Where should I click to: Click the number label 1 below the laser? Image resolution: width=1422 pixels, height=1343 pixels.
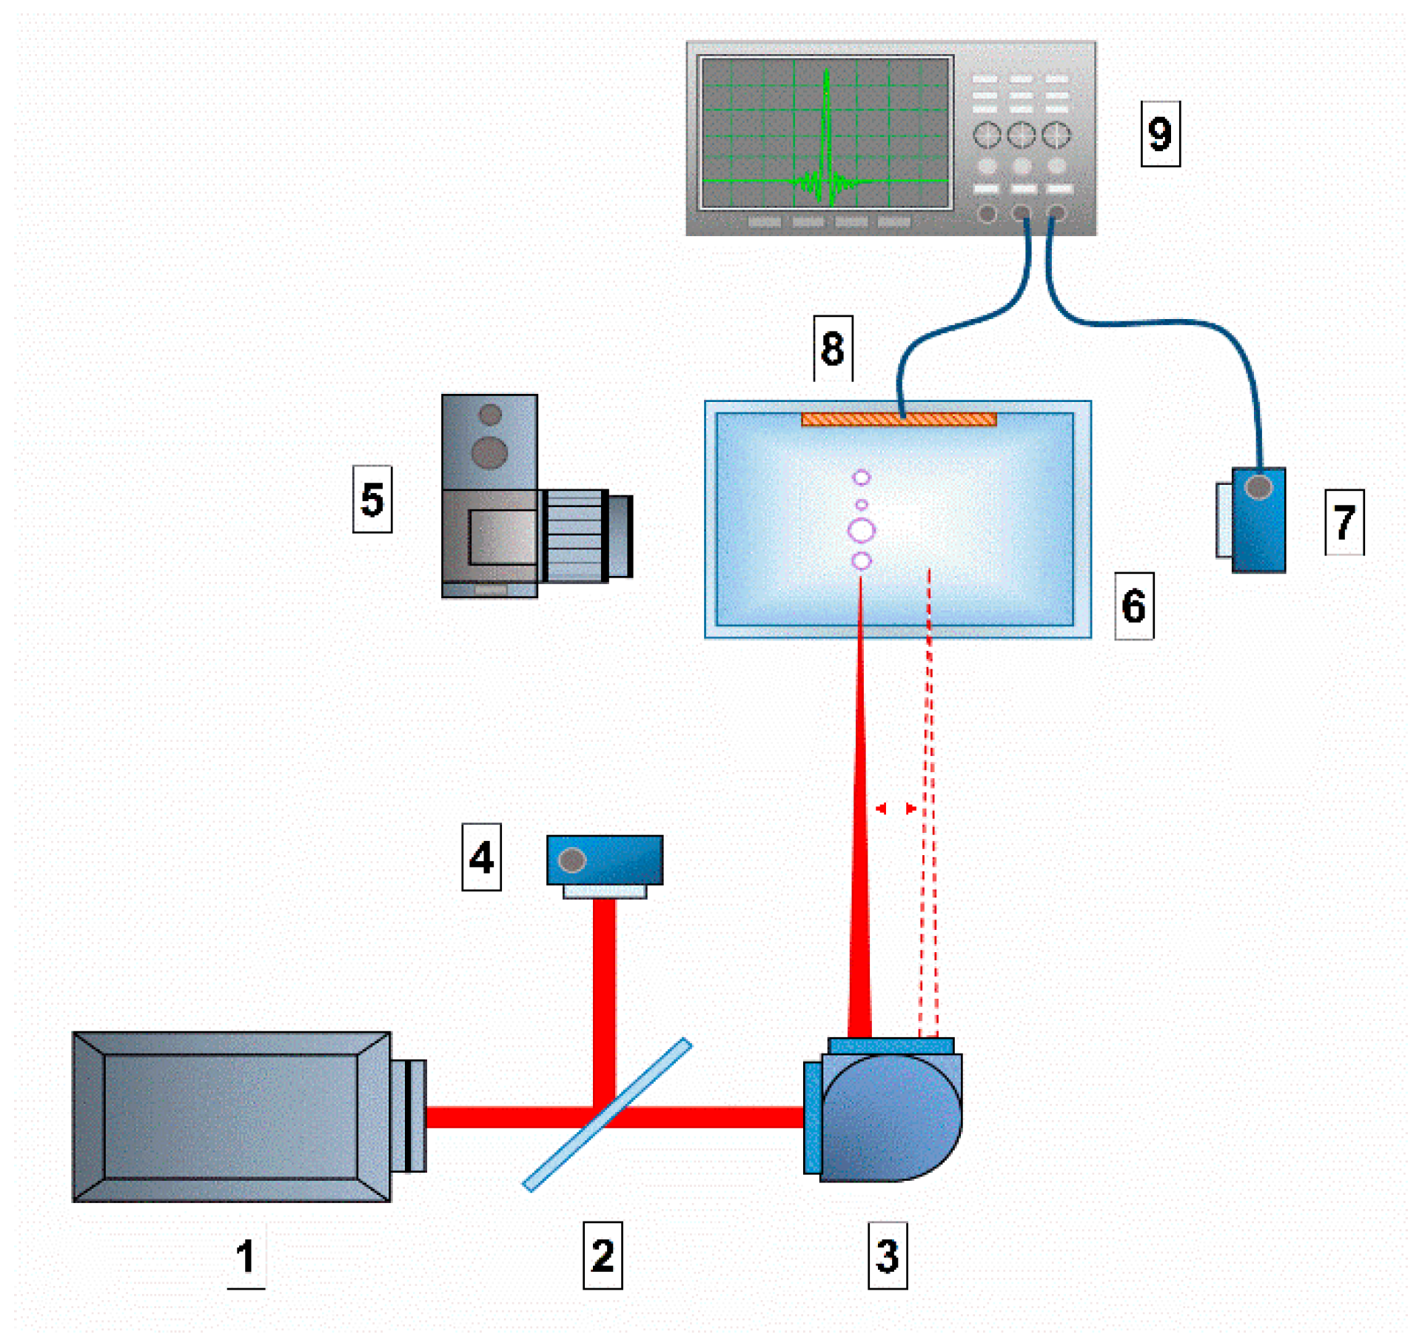pyautogui.click(x=246, y=1256)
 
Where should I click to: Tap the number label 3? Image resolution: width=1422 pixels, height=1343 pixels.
pyautogui.click(x=888, y=1256)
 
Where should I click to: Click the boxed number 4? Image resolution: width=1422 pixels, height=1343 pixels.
pyautogui.click(x=481, y=858)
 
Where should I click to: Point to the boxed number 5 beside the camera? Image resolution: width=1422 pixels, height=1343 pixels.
pyautogui.click(x=372, y=500)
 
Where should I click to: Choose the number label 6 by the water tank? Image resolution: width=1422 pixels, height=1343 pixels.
pyautogui.click(x=1134, y=606)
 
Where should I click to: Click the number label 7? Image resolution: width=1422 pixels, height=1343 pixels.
pyautogui.click(x=1344, y=523)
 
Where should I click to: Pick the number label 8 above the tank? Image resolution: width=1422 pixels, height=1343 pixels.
pyautogui.click(x=833, y=349)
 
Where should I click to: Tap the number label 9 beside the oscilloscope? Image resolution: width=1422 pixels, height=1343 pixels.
pyautogui.click(x=1160, y=134)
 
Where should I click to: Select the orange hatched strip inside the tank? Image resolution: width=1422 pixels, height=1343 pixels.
pyautogui.click(x=899, y=420)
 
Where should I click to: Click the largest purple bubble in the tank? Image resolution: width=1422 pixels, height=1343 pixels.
pyautogui.click(x=862, y=531)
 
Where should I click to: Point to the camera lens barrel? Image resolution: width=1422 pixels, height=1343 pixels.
pyautogui.click(x=585, y=536)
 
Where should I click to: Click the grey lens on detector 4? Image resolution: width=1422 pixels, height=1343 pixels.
pyautogui.click(x=572, y=861)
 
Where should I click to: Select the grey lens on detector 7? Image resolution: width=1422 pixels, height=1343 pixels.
pyautogui.click(x=1259, y=488)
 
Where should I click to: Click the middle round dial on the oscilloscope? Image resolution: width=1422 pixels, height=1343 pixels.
pyautogui.click(x=1022, y=135)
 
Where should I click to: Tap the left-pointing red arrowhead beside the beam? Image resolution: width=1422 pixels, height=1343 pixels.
pyautogui.click(x=881, y=809)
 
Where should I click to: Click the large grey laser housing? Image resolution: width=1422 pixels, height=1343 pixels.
pyautogui.click(x=231, y=1116)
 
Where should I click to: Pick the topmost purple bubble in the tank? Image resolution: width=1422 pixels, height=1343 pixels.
pyautogui.click(x=862, y=478)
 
